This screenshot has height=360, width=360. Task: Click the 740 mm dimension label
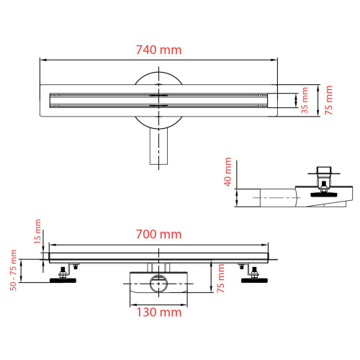click(159, 50)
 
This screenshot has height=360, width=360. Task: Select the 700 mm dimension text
click(159, 234)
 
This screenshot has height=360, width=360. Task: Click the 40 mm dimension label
click(228, 172)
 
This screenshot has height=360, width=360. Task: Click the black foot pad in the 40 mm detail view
click(328, 192)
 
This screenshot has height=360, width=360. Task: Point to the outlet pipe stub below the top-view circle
click(158, 148)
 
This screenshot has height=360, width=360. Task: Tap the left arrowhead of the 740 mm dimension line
click(42, 60)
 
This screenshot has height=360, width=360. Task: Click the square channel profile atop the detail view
click(327, 171)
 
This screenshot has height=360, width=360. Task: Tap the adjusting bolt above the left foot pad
click(63, 270)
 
